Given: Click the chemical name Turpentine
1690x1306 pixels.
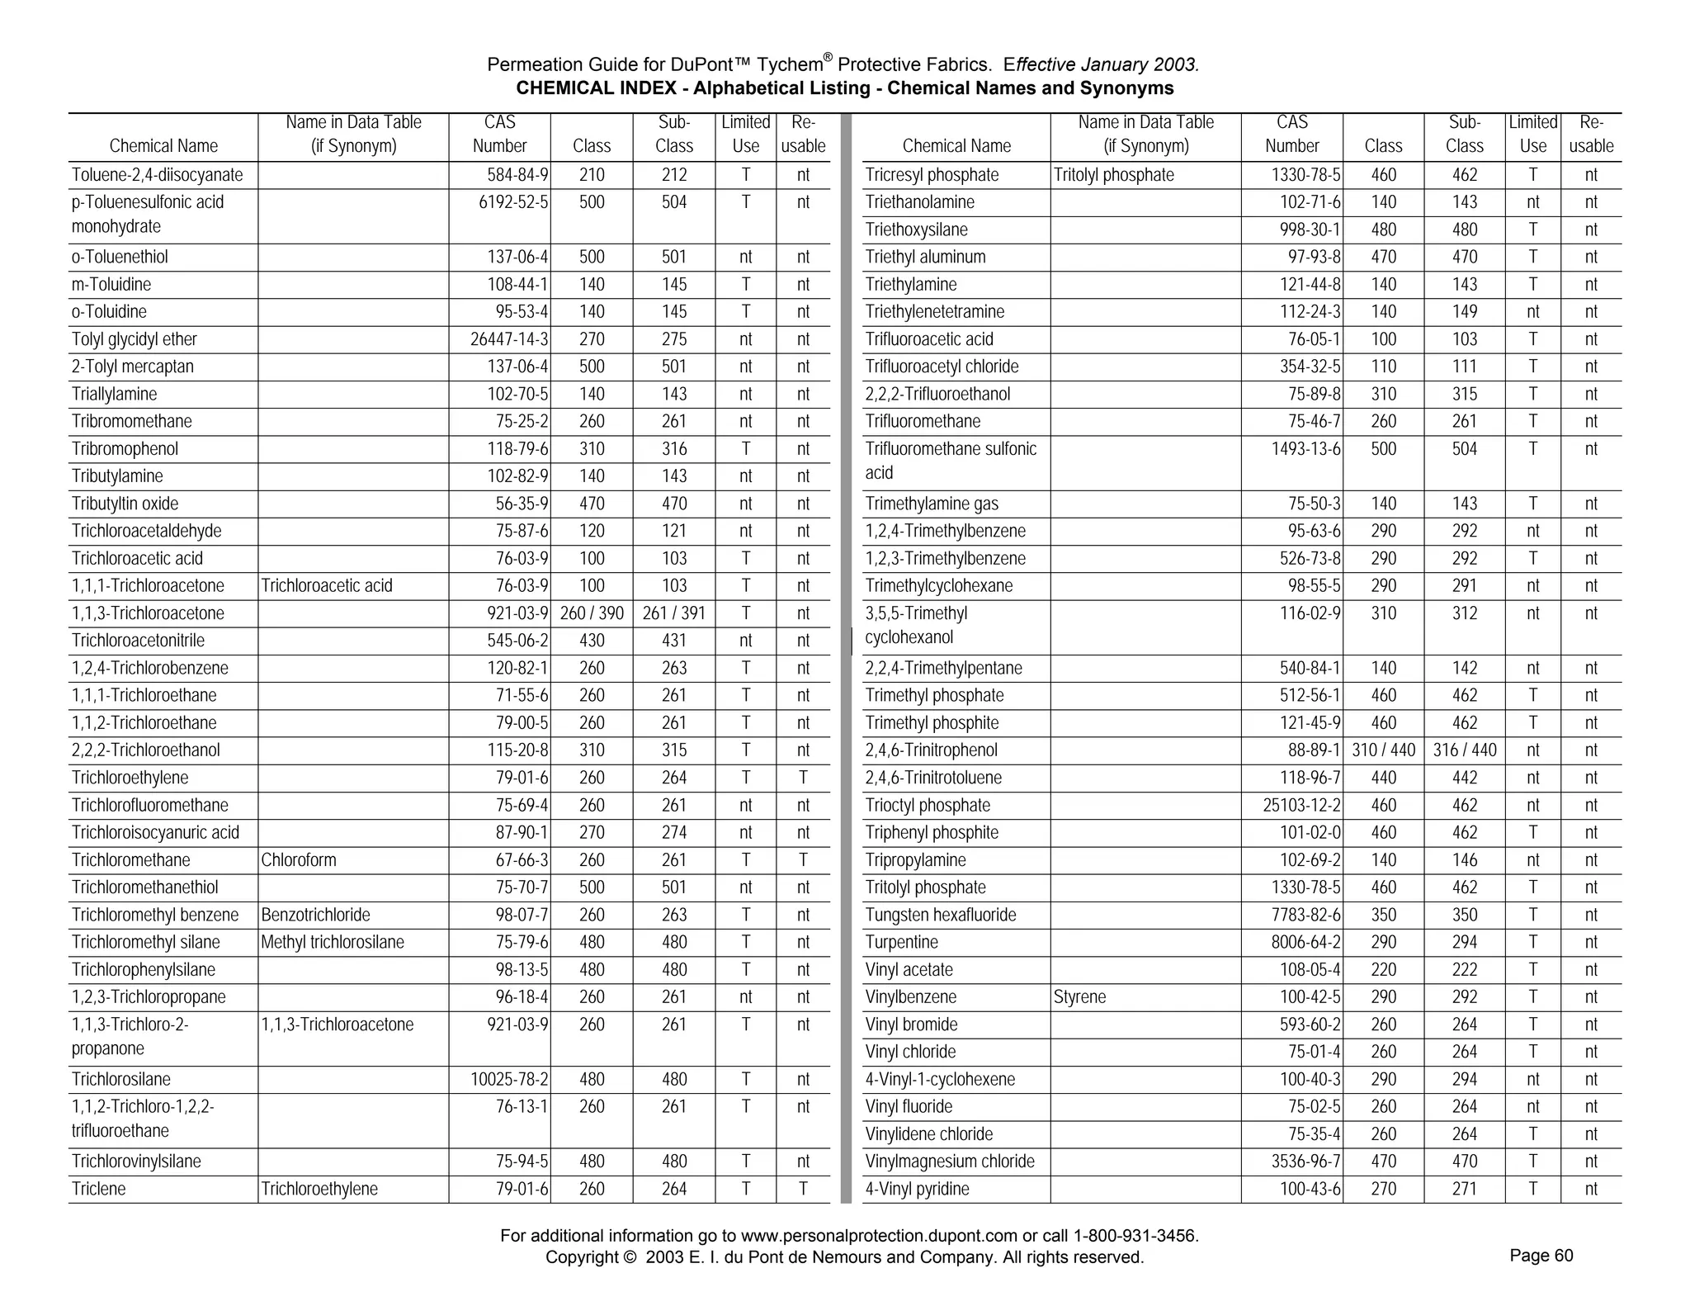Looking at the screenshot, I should pos(901,942).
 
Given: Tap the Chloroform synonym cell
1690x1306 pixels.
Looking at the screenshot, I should pos(299,860).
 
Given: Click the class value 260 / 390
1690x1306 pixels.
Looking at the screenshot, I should pos(592,613).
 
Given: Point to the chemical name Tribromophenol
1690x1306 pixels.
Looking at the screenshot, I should pos(125,449).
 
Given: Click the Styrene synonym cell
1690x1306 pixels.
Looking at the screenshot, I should pos(1079,997).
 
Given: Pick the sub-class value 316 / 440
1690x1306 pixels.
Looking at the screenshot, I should pos(1465,750).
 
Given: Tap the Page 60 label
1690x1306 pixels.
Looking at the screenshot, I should pos(1541,1256).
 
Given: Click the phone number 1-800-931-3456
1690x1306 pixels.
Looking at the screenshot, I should pos(1135,1236).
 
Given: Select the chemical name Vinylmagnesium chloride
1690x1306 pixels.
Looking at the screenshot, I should pos(950,1162).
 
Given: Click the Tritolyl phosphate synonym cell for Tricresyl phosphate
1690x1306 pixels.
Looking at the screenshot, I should pos(1113,175).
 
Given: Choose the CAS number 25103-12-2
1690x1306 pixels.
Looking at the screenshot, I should pos(1301,805).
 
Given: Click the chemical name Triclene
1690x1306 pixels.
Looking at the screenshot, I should pos(98,1189).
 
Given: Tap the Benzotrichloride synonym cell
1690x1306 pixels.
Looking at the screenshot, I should pos(315,915).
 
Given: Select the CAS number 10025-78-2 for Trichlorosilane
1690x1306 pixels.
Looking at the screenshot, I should pos(509,1079).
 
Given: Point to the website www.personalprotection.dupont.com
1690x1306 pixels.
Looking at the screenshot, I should pos(879,1236).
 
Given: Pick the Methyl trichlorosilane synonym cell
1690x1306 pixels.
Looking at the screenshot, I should pos(332,942).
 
